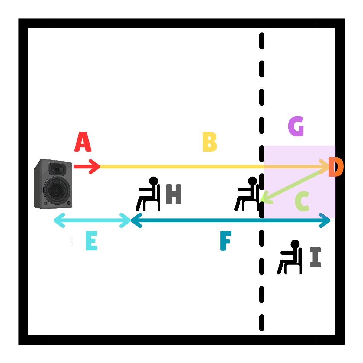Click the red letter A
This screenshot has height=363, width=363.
click(x=83, y=142)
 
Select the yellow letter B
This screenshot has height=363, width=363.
click(x=209, y=142)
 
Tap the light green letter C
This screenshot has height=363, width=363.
click(x=302, y=201)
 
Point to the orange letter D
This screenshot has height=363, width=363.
click(x=336, y=167)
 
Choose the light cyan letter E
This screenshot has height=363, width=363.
click(x=91, y=240)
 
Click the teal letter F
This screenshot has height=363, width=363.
click(x=225, y=241)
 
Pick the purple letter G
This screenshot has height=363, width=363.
click(x=296, y=126)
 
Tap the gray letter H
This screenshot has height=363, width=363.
click(x=174, y=194)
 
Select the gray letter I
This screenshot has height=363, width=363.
click(x=315, y=257)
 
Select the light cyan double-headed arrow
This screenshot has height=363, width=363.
click(x=92, y=220)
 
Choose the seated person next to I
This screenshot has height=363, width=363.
click(x=290, y=257)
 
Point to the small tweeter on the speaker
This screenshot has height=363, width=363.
click(x=57, y=169)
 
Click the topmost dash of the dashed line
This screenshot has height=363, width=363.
click(x=262, y=41)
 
